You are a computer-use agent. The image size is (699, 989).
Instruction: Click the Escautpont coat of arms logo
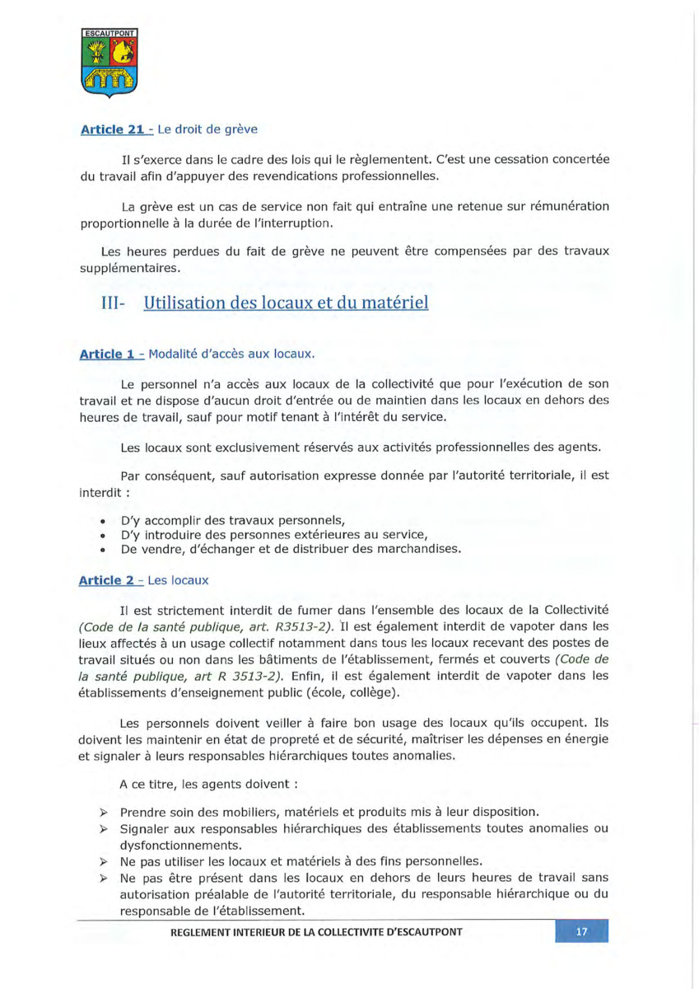(x=110, y=63)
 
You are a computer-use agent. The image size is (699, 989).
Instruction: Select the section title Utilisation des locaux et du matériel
(x=286, y=302)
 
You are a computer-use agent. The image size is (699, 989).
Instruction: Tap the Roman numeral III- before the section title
(x=111, y=302)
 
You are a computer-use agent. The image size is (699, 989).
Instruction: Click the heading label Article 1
(x=108, y=354)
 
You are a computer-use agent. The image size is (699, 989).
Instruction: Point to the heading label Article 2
(x=108, y=580)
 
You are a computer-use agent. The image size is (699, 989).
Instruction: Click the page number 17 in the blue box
(x=581, y=932)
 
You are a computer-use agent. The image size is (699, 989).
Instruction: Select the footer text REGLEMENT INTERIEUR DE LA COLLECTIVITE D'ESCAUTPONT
(x=316, y=932)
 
